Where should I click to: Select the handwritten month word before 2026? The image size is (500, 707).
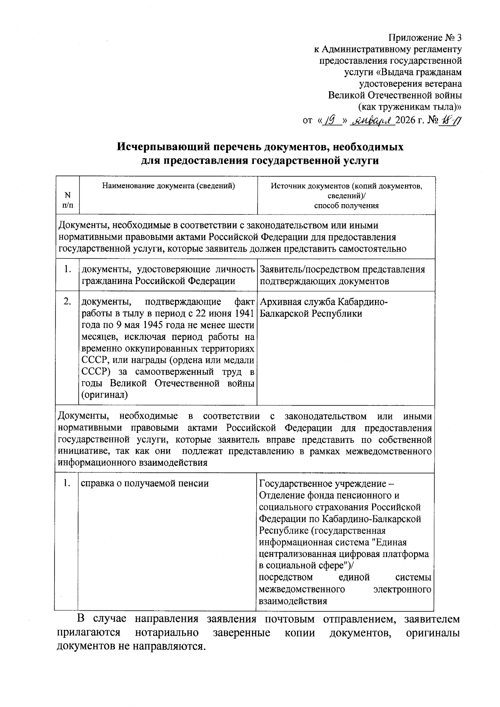372,121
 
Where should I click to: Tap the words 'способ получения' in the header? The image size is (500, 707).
346,205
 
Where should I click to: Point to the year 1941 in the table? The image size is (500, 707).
244,313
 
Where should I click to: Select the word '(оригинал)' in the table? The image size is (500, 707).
104,395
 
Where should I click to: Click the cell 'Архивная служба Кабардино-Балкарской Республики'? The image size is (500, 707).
323,307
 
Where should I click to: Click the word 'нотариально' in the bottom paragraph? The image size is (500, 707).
167,632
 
